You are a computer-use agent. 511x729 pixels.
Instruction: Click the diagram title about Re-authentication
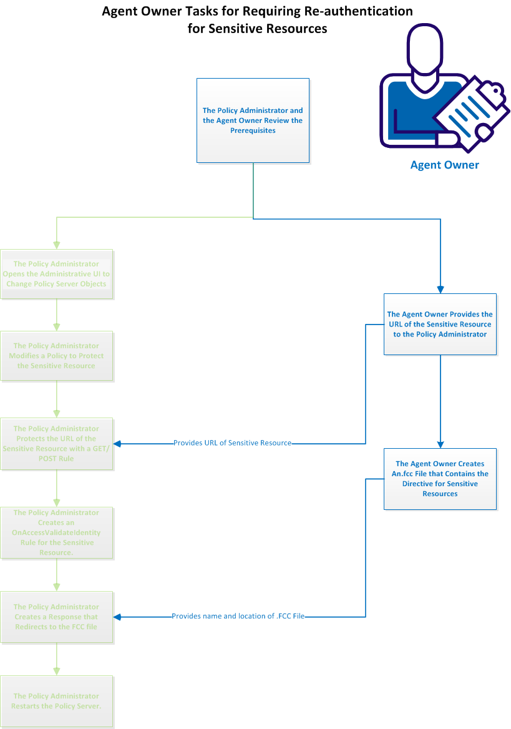(x=257, y=20)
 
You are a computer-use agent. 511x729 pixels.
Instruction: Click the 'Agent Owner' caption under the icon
(x=444, y=165)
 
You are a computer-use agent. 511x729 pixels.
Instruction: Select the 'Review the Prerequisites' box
(x=253, y=120)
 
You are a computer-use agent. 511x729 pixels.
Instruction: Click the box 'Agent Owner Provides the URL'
(x=440, y=324)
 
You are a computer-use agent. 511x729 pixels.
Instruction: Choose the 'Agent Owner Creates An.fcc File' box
(x=440, y=479)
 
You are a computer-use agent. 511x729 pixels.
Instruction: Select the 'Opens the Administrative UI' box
(x=56, y=274)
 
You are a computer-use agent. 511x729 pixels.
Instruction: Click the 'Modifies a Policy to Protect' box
(x=56, y=356)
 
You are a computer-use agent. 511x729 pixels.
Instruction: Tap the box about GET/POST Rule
(x=56, y=444)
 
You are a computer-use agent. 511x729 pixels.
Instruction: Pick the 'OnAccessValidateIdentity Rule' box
(x=56, y=532)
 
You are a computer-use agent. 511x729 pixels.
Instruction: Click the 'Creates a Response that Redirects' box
(x=56, y=617)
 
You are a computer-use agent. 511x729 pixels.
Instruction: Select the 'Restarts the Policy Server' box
(x=56, y=701)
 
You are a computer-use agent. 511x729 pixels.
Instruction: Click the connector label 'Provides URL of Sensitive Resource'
(x=232, y=443)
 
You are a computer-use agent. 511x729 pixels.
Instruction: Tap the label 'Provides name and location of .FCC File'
(x=238, y=616)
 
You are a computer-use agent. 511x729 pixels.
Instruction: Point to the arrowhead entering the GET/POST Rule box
(x=117, y=444)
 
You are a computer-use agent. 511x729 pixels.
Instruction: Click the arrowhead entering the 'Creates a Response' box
(x=117, y=617)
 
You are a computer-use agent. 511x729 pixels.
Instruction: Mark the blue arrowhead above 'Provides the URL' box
(x=440, y=290)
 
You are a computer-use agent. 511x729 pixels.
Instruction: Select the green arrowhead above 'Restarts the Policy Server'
(x=57, y=670)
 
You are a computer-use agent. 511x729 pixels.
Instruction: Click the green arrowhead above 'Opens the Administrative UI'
(x=57, y=245)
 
